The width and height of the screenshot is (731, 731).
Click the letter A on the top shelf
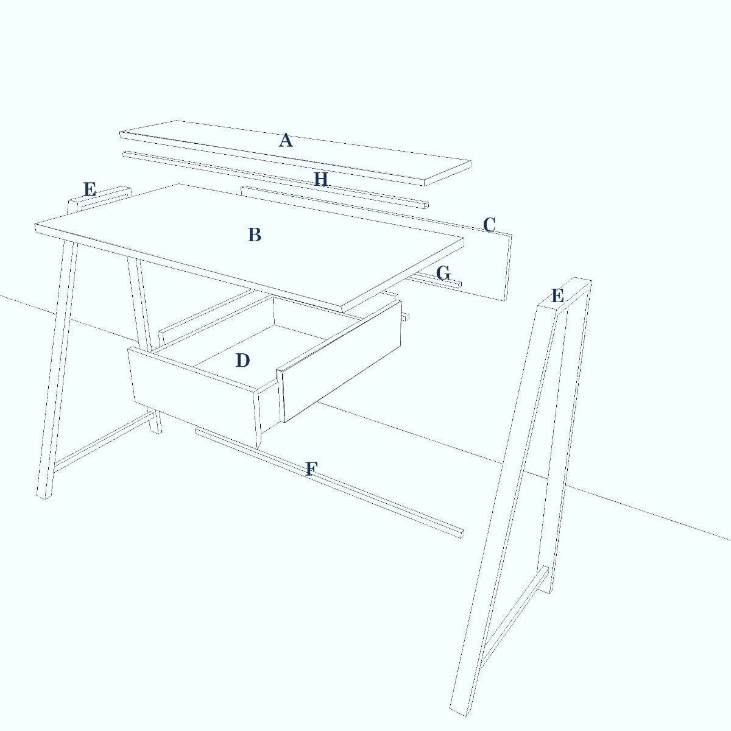point(286,140)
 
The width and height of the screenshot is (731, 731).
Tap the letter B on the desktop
point(255,235)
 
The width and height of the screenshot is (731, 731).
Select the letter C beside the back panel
point(489,225)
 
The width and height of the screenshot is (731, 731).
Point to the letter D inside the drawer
point(242,361)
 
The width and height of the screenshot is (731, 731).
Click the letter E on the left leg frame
point(90,189)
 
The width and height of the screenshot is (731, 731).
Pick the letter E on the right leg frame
point(557,295)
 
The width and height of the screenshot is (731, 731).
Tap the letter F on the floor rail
point(311,469)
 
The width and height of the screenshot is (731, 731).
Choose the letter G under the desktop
point(443,273)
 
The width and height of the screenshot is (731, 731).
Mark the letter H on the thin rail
point(321,179)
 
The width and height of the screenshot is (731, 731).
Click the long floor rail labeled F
point(330,483)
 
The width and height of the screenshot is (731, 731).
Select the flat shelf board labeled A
point(295,154)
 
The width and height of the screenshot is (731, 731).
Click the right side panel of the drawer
point(339,361)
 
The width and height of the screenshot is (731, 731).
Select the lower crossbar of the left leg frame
point(104,442)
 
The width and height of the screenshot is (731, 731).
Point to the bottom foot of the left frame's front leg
point(44,495)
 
